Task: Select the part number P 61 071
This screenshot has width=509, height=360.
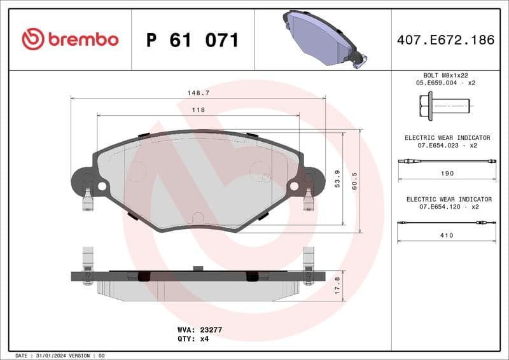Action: (x=193, y=40)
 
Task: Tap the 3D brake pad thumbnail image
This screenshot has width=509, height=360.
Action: (x=323, y=38)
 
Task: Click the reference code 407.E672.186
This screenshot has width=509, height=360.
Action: (x=445, y=40)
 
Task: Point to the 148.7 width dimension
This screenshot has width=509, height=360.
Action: (x=199, y=93)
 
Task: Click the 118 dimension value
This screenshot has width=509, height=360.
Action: (x=199, y=110)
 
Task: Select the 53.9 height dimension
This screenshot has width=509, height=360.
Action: (x=337, y=180)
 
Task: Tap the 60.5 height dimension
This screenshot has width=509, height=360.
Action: (x=354, y=180)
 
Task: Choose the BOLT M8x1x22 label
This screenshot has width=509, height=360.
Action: (x=446, y=75)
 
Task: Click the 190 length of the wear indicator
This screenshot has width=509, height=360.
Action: (x=447, y=173)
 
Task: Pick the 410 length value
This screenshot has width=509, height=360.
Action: (x=447, y=235)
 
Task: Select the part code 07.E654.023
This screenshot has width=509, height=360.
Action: (x=440, y=146)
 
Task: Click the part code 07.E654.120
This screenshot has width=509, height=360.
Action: (x=440, y=207)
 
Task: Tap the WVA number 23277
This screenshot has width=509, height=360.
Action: (x=209, y=330)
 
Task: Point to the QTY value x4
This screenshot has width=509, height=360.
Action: (x=204, y=339)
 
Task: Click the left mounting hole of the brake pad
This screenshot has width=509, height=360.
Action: (x=102, y=186)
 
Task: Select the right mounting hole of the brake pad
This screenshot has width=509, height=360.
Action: (x=295, y=186)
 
